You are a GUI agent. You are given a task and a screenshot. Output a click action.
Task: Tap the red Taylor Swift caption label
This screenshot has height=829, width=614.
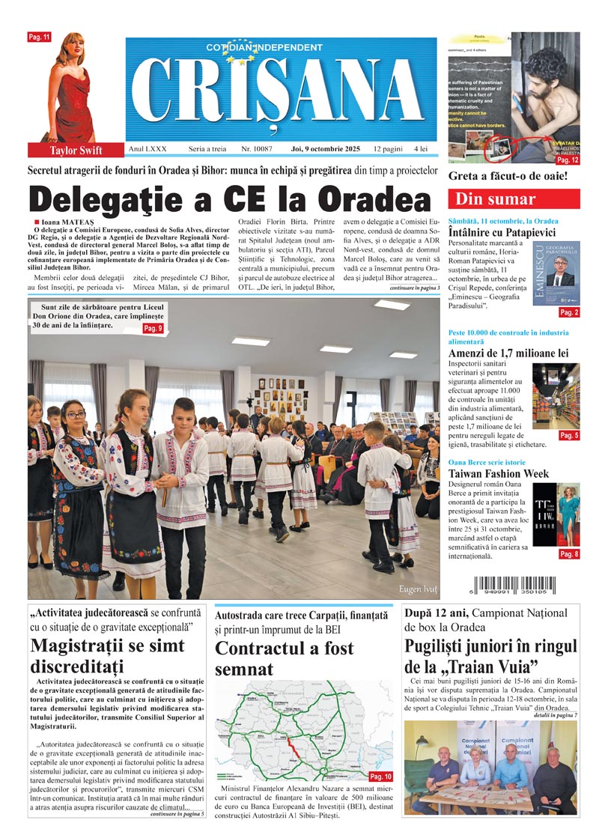coord(76,150)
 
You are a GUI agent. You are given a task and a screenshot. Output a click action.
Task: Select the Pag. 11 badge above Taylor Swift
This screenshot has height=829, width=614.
coord(39,37)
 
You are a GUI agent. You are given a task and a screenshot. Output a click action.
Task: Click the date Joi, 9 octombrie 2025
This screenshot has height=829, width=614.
coord(326,150)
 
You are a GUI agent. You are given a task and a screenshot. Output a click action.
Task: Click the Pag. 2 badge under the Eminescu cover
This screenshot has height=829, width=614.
coord(568,312)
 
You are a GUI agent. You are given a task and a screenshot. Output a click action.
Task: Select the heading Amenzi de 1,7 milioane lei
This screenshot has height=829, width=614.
coord(508,353)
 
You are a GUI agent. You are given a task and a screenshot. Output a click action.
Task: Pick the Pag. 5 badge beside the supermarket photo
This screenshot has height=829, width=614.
coord(568,435)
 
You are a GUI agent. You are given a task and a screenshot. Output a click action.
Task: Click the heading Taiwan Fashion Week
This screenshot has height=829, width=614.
coord(499,473)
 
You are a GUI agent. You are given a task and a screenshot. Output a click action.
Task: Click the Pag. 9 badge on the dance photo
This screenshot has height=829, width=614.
coord(153,328)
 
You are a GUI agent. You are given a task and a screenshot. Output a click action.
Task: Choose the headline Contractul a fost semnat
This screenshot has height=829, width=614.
coord(285,658)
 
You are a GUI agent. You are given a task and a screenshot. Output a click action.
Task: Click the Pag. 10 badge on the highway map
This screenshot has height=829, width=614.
coord(380,777)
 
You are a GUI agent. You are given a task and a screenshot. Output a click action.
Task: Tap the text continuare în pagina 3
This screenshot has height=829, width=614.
coord(414,288)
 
